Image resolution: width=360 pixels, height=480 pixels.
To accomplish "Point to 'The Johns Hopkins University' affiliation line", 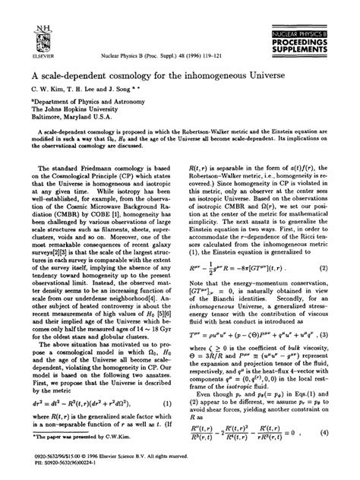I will [x=78, y=107].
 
